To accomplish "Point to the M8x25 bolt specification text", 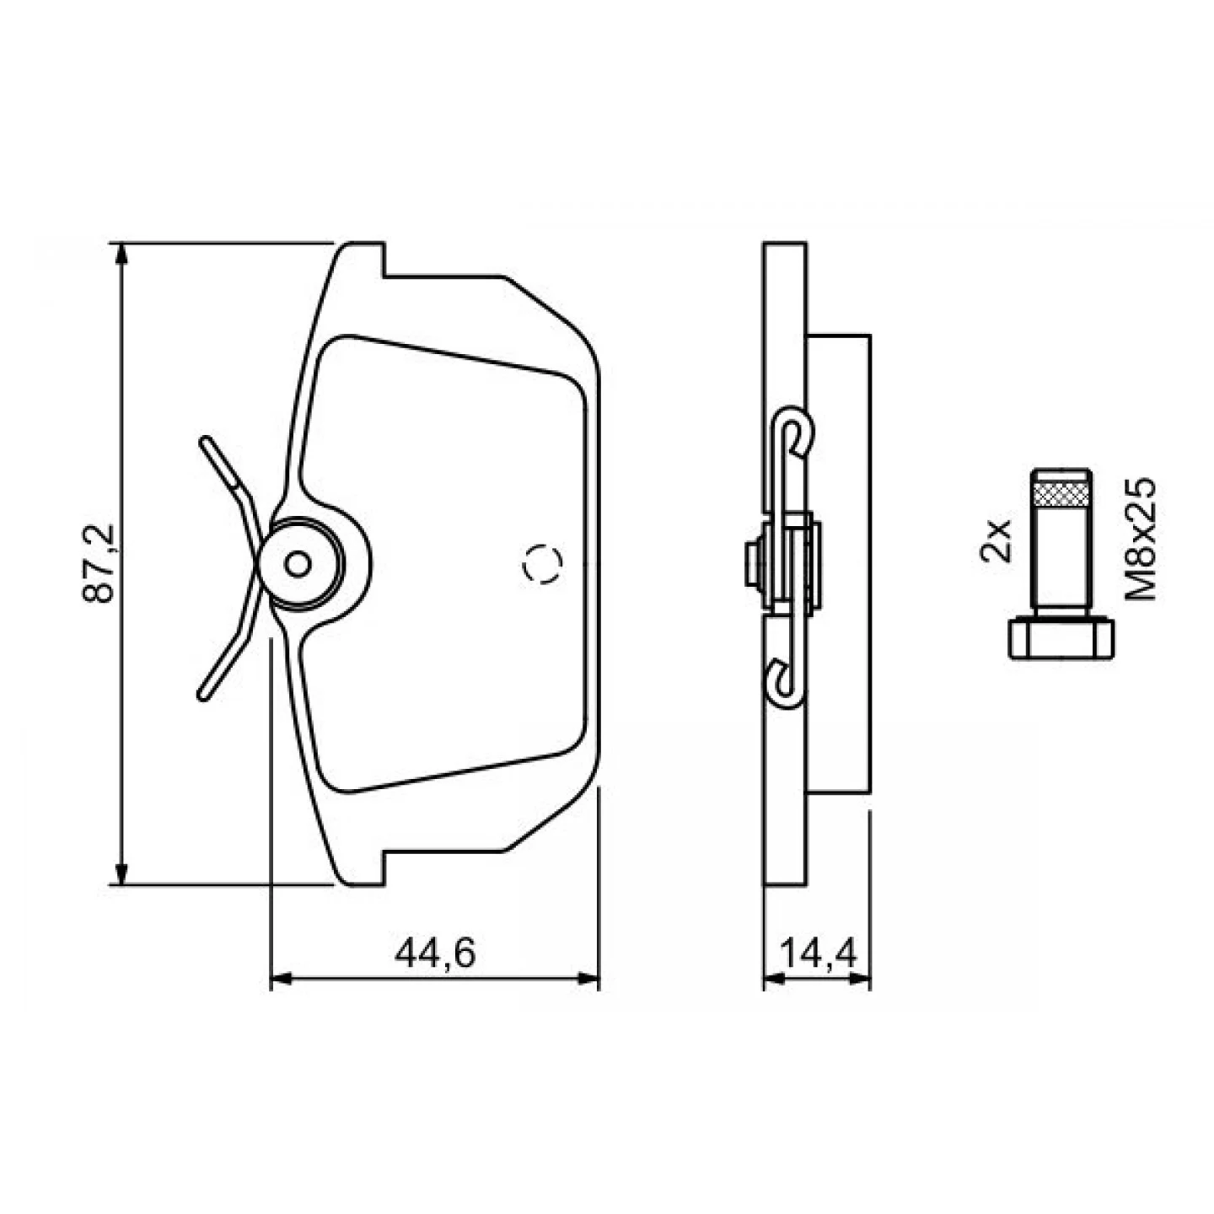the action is click(x=1141, y=539).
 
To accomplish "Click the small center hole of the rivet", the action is click(x=298, y=563).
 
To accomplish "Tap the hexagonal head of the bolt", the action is click(x=1061, y=639).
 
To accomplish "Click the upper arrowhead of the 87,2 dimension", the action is click(x=122, y=257).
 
